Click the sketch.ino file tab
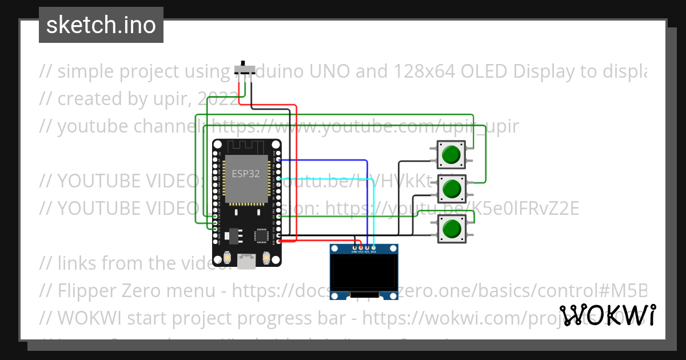pos(101,25)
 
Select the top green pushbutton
pos(452,154)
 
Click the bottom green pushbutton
pos(452,229)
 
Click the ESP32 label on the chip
pos(246,173)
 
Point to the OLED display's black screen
pos(364,273)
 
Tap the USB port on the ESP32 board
pos(247,261)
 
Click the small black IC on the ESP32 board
pos(261,235)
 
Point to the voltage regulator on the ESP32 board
pos(233,235)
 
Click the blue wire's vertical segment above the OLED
pos(366,200)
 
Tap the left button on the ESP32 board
pos(228,258)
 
